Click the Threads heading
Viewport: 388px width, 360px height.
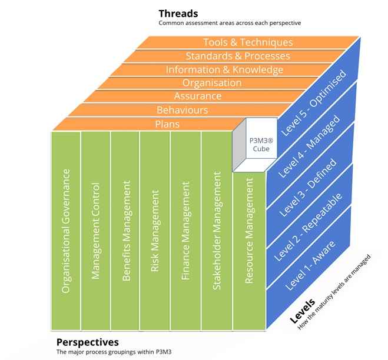[178, 13]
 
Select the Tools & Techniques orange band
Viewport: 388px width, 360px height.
[247, 42]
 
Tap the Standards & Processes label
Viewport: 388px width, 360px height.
[237, 56]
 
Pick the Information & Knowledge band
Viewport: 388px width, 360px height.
[224, 69]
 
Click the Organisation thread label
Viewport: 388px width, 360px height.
[211, 83]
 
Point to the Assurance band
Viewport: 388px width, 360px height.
[198, 96]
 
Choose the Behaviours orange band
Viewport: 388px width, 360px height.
[182, 110]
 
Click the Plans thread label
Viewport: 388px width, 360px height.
[168, 124]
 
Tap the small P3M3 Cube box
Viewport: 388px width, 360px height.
[253, 144]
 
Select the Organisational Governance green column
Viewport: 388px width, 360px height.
[66, 229]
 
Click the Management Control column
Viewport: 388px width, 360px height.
[95, 229]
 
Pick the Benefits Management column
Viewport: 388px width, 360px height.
[125, 229]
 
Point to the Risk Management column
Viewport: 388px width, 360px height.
[155, 229]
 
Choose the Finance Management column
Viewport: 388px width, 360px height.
[185, 229]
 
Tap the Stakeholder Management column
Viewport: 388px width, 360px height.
[215, 229]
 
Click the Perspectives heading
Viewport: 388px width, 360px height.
[87, 342]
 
